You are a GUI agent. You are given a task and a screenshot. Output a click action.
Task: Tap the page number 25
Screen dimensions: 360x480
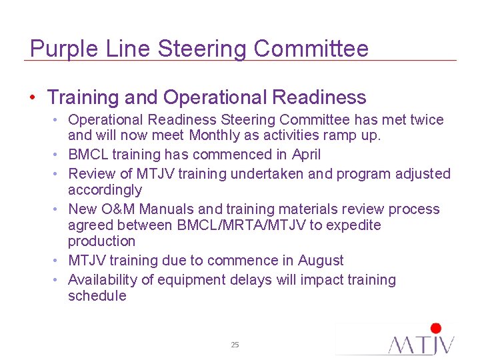[x=235, y=345]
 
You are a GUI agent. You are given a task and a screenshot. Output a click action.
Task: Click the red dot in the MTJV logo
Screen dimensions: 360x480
[x=436, y=328]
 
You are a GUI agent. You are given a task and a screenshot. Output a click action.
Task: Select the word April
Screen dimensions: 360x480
[x=307, y=155]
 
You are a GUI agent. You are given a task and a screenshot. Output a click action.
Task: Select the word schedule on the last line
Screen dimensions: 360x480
[x=97, y=296]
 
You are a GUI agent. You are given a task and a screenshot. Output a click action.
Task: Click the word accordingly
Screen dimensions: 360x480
[x=105, y=191]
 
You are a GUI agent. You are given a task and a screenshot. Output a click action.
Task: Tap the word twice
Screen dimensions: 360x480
[x=426, y=120]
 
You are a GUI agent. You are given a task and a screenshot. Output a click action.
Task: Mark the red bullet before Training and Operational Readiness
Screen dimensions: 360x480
[x=33, y=98]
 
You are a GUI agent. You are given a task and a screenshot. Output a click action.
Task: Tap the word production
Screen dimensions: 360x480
[x=101, y=241]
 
